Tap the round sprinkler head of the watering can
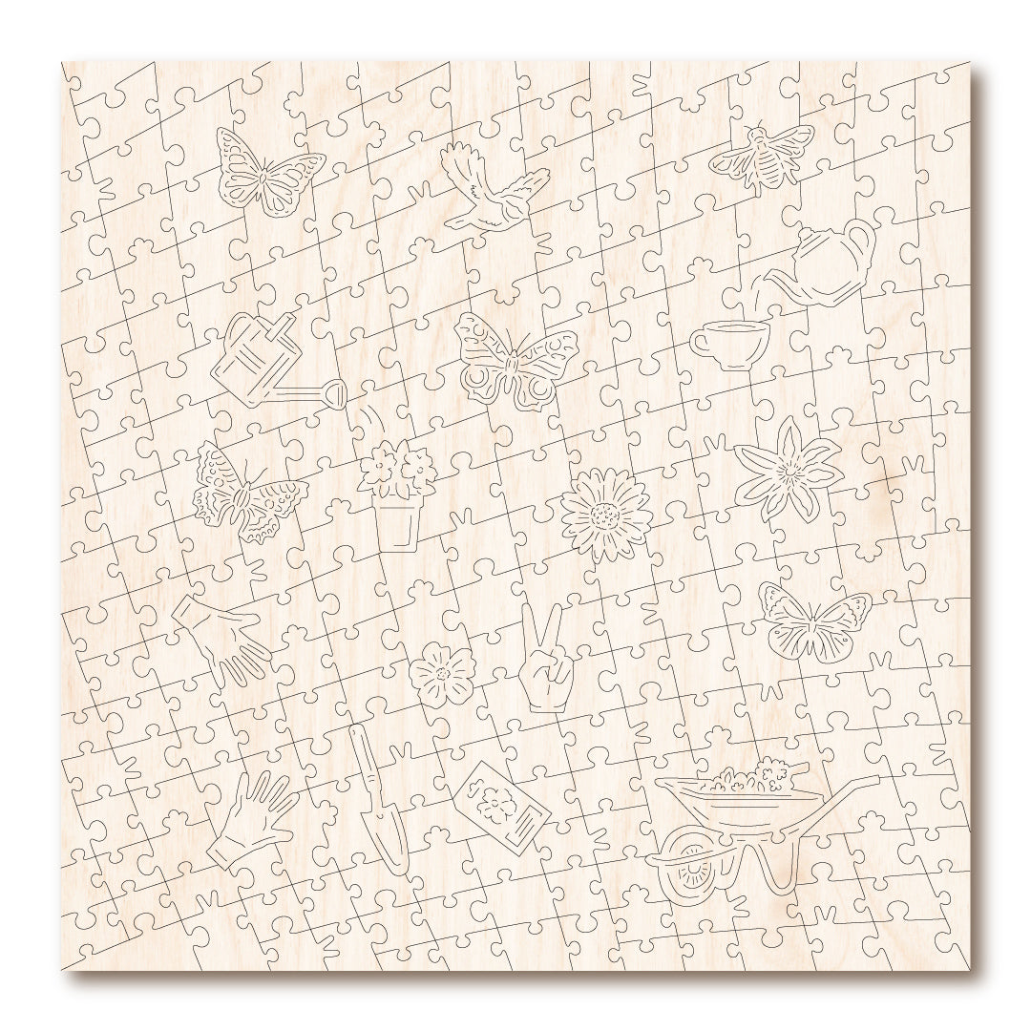click(334, 394)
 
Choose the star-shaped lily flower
click(788, 469)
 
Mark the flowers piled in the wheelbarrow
click(749, 777)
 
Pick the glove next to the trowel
click(250, 820)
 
